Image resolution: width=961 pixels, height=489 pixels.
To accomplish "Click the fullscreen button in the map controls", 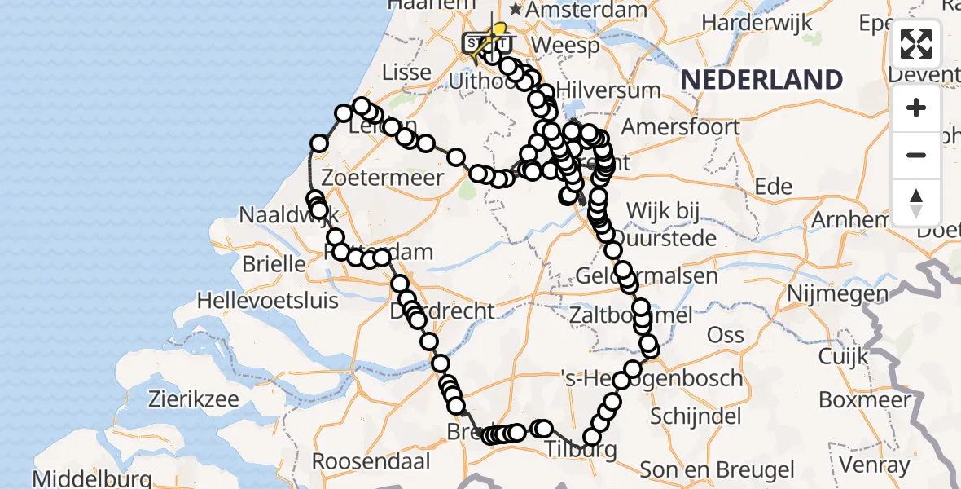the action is click(x=916, y=44).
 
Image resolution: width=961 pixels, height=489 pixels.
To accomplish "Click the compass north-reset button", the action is click(x=916, y=202).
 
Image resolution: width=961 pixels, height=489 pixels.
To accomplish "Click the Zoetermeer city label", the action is click(x=383, y=177).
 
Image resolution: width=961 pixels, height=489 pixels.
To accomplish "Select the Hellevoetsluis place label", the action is click(x=267, y=300).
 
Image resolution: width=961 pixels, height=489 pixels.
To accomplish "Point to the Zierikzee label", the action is click(x=193, y=399).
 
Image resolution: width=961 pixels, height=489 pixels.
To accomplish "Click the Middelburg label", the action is click(x=92, y=478).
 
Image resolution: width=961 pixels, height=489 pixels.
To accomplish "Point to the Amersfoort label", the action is click(x=681, y=127).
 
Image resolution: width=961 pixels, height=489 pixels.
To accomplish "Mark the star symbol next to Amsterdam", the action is click(x=516, y=10).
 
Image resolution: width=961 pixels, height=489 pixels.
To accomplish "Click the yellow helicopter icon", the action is click(x=494, y=34).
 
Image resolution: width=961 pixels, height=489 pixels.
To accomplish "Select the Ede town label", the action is click(x=774, y=187).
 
